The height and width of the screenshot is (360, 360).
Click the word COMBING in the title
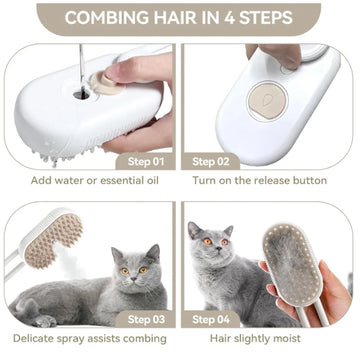[x=104, y=17]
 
